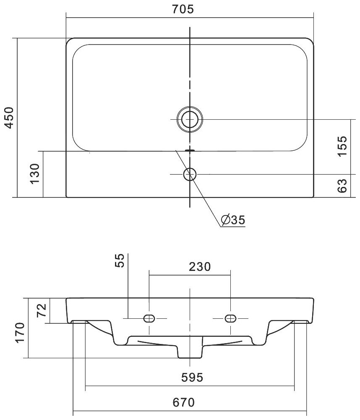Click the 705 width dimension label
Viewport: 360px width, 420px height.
pos(182,9)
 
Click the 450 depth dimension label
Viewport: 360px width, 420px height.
pos(9,118)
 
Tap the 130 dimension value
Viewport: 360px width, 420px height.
pos(35,174)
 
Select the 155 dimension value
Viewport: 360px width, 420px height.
pos(342,146)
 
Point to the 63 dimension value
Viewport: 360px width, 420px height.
pos(342,186)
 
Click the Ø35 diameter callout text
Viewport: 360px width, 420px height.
pos(233,220)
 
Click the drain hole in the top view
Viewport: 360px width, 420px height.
pos(190,119)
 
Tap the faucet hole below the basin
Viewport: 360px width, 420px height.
pos(190,174)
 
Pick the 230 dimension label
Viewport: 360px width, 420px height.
pos(200,267)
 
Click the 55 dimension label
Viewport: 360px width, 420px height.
pos(120,260)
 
